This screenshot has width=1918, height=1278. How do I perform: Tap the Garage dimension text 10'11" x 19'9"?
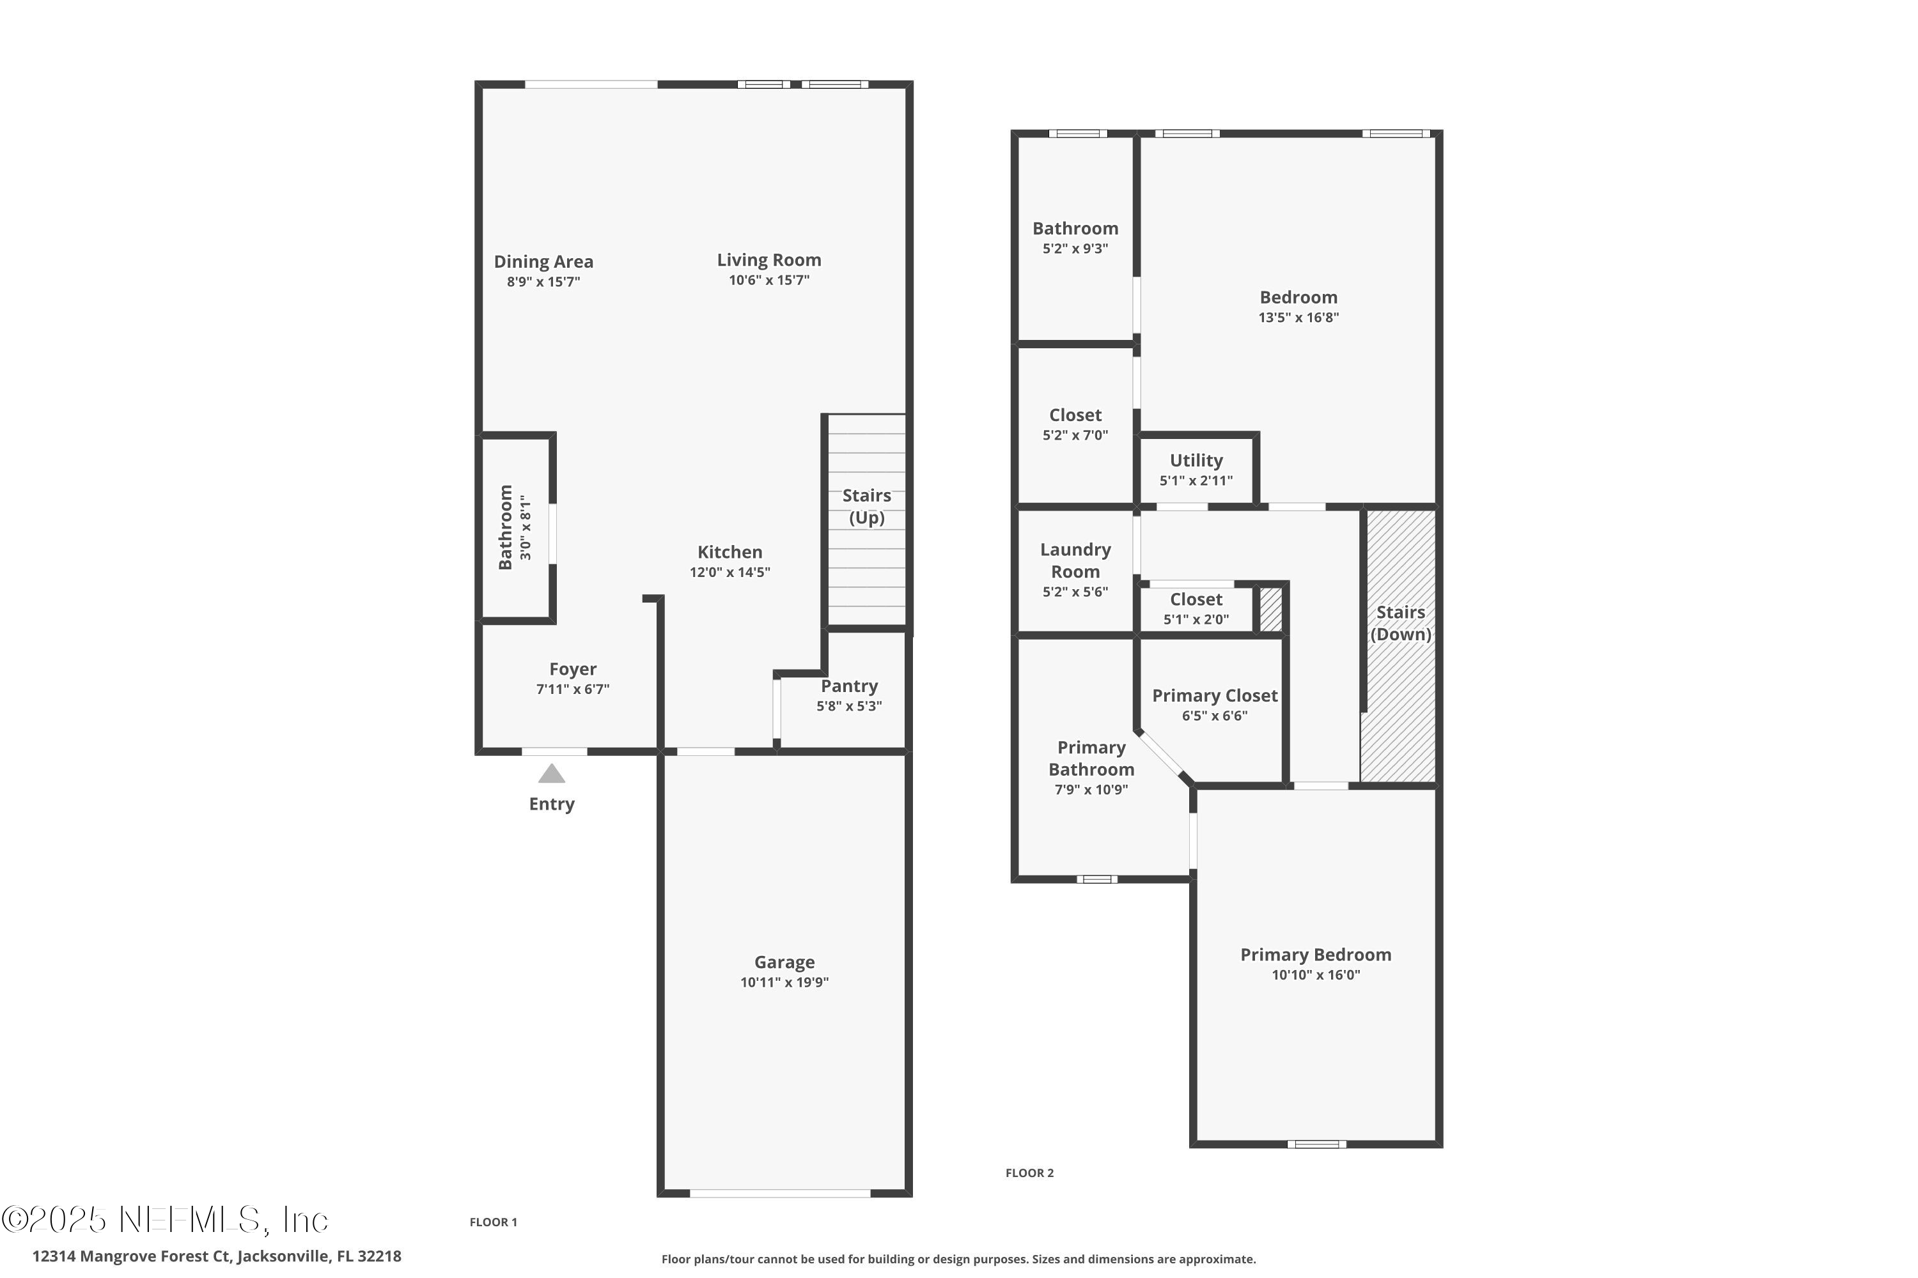[784, 982]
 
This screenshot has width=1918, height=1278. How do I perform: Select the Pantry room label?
[849, 686]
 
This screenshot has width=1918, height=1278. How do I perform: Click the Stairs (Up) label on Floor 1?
[866, 506]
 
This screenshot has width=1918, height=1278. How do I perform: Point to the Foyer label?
[572, 669]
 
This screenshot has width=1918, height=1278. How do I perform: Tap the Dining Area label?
[543, 261]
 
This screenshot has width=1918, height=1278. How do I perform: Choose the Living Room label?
[768, 260]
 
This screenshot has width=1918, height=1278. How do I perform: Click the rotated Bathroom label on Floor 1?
[506, 527]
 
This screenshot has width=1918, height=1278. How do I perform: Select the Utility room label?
[1196, 461]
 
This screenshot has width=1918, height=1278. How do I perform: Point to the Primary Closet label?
[1214, 696]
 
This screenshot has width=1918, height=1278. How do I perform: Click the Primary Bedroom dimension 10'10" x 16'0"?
[1315, 975]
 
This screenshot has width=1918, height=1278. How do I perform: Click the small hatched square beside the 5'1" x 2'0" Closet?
[1270, 610]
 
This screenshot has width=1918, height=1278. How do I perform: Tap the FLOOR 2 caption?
[1029, 1173]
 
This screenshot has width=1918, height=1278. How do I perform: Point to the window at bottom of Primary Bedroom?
[1316, 1144]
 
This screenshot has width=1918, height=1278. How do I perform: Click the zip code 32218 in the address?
[379, 1256]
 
